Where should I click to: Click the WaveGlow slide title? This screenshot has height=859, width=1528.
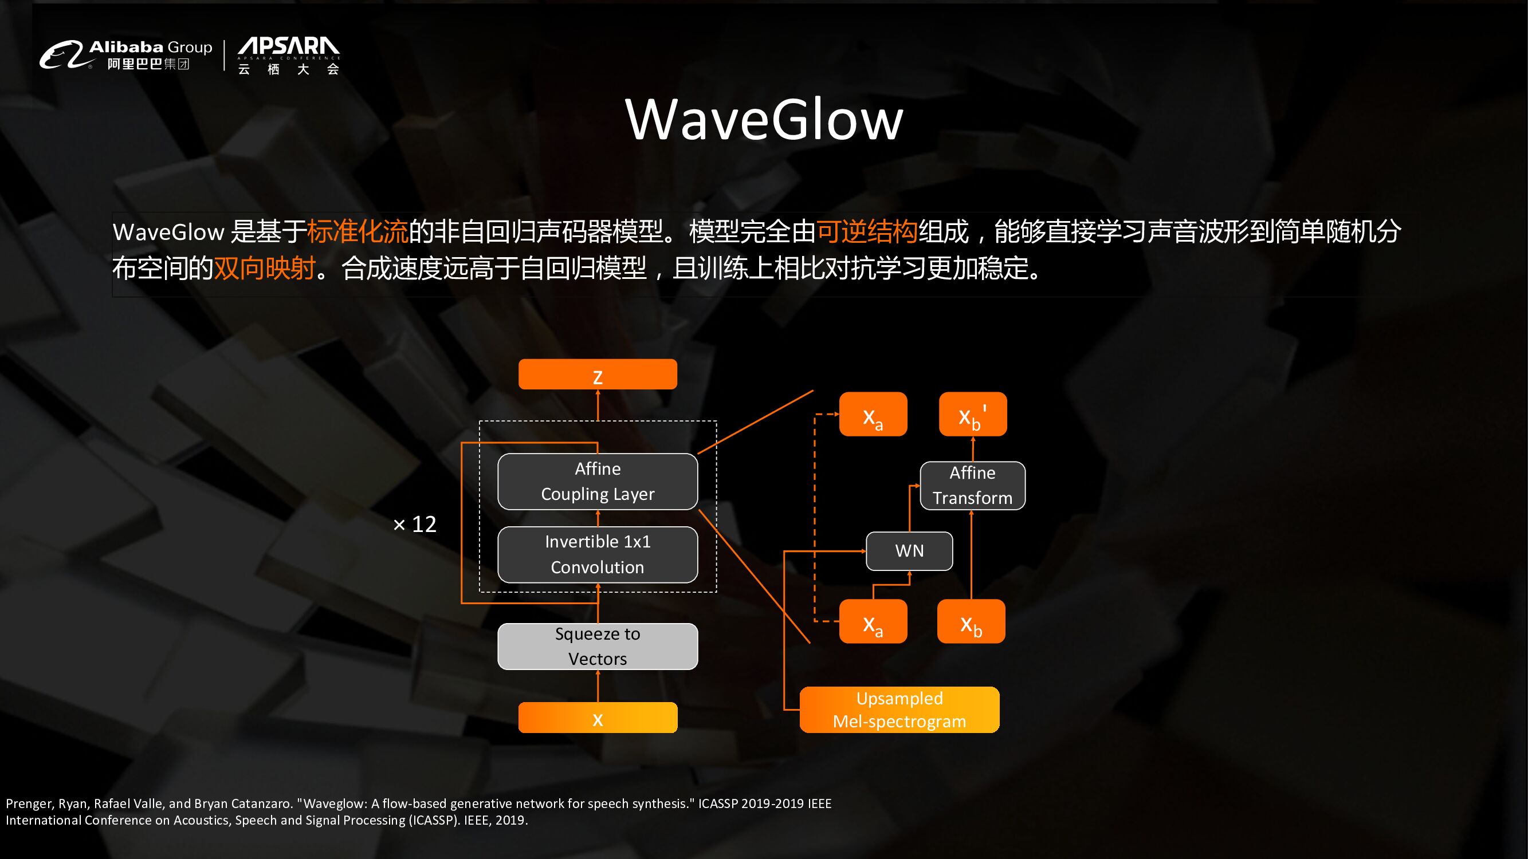pyautogui.click(x=764, y=120)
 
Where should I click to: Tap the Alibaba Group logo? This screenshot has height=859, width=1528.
pyautogui.click(x=125, y=55)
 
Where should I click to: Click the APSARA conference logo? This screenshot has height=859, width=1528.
pyautogui.click(x=289, y=55)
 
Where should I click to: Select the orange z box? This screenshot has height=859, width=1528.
pyautogui.click(x=598, y=375)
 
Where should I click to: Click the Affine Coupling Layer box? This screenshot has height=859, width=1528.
pyautogui.click(x=598, y=482)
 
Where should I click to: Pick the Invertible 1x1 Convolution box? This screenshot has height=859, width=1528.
pyautogui.click(x=598, y=554)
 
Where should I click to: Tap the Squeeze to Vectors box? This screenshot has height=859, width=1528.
pyautogui.click(x=598, y=646)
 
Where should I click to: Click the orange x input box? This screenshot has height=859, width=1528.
pyautogui.click(x=598, y=718)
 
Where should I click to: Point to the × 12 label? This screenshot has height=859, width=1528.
pyautogui.click(x=415, y=524)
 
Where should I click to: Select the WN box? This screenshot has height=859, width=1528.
pyautogui.click(x=909, y=551)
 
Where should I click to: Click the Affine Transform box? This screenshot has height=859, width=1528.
pyautogui.click(x=972, y=486)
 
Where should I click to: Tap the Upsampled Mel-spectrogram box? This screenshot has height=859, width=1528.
pyautogui.click(x=899, y=710)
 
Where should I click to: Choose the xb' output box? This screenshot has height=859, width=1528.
pyautogui.click(x=973, y=415)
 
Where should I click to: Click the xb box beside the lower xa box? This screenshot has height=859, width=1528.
pyautogui.click(x=971, y=622)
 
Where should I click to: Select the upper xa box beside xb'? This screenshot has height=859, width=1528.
pyautogui.click(x=873, y=415)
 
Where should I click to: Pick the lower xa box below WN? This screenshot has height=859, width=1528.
pyautogui.click(x=873, y=622)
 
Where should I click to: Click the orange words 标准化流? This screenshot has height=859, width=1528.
pyautogui.click(x=358, y=231)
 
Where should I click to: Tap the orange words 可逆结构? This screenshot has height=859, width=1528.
pyautogui.click(x=867, y=231)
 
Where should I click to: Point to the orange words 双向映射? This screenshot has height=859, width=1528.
pyautogui.click(x=265, y=268)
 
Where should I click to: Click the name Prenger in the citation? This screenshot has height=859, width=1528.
pyautogui.click(x=29, y=804)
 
